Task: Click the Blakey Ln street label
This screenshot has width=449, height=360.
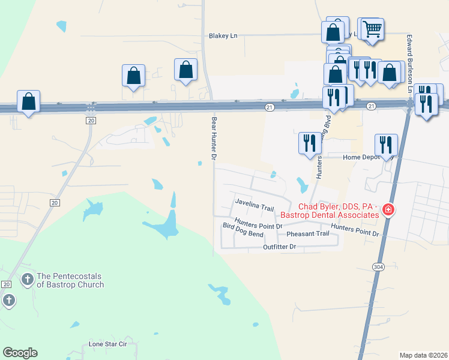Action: point(223,36)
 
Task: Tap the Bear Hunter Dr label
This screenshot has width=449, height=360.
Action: point(213,138)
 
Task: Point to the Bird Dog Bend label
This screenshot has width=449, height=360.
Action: point(243,226)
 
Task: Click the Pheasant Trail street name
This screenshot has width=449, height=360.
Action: point(307,233)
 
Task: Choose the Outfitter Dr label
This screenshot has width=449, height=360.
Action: point(280,247)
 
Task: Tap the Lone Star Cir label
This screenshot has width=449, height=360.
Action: point(108,344)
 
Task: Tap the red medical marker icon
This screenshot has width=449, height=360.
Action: point(388,210)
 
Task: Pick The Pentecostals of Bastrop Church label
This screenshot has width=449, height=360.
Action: point(70,280)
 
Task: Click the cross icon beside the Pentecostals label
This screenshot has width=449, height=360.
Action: point(27,280)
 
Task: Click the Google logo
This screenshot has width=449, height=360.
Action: point(20,353)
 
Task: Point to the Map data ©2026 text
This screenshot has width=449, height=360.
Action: point(423,355)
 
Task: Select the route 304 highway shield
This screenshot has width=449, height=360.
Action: point(378,268)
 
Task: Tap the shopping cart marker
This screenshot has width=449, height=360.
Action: point(373,28)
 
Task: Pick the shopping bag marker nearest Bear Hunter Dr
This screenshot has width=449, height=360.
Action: point(186,69)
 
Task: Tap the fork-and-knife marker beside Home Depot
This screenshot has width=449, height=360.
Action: point(386,145)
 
